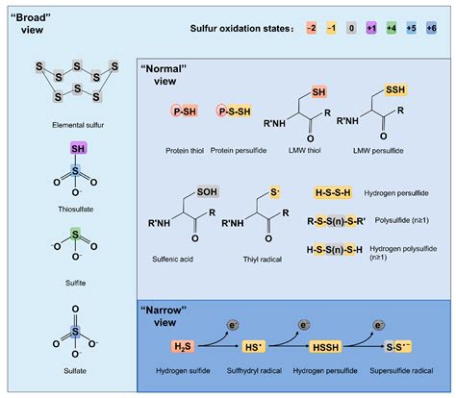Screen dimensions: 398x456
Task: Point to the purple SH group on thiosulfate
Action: click(x=80, y=149)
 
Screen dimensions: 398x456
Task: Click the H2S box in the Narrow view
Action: click(x=185, y=346)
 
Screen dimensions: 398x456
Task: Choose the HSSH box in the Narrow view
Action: click(x=333, y=346)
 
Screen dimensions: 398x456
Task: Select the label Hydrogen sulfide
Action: click(x=184, y=370)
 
